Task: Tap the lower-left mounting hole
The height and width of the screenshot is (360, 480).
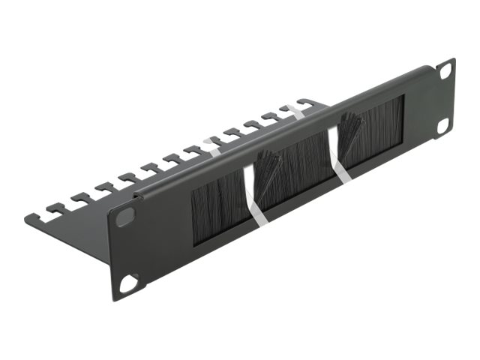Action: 129,282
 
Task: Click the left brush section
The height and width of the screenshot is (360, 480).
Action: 218,206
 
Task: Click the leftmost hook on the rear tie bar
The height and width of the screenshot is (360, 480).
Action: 55,211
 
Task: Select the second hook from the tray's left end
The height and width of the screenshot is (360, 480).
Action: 79,199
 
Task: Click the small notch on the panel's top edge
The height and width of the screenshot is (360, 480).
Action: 136,196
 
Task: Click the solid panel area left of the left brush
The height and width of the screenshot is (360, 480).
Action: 161,232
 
